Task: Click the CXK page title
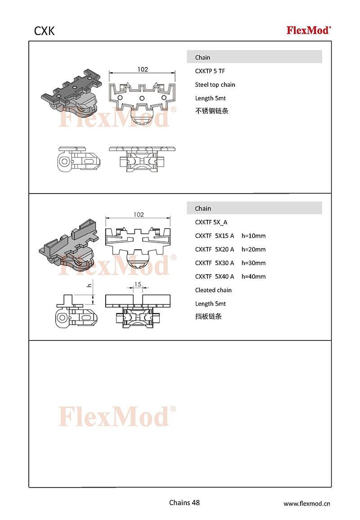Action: point(44,31)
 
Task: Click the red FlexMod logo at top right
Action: point(309,30)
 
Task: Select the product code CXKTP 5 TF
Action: point(210,71)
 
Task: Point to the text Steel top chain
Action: point(215,85)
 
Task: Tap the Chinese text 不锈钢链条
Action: point(211,111)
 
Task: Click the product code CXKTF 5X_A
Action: point(211,222)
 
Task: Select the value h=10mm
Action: point(253,236)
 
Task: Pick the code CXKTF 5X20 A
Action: point(215,249)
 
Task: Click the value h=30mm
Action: point(253,263)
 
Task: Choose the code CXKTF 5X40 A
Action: point(215,276)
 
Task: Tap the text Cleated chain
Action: point(213,290)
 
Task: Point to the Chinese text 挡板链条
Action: point(208,317)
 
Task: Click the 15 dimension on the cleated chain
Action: point(138,284)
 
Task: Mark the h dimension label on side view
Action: point(89,285)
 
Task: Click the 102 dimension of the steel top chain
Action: point(143,69)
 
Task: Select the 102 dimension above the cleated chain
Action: point(139,215)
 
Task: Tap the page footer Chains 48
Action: point(184,503)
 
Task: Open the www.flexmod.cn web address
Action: point(306,503)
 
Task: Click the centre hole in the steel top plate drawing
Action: point(142,98)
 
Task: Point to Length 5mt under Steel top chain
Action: point(210,98)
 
